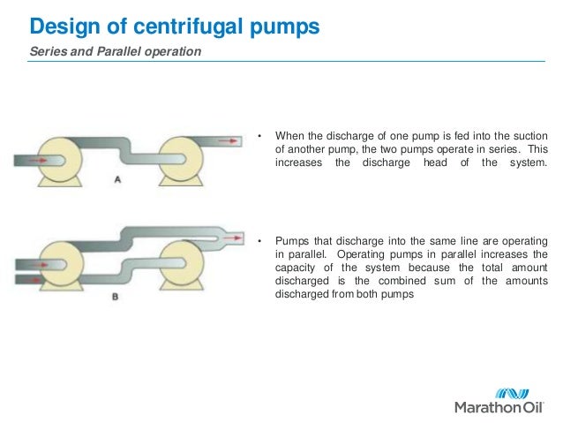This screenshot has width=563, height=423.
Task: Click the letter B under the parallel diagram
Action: [115, 297]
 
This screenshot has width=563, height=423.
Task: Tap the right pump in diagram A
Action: [184, 159]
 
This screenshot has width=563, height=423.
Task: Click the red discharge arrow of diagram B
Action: [231, 237]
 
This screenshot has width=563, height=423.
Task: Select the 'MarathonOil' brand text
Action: [499, 408]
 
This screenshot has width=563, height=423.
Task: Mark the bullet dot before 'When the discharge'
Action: [260, 136]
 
